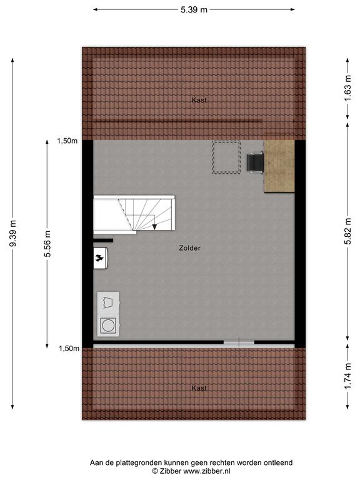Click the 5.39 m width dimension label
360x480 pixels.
coord(194,10)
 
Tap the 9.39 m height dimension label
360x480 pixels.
coord(13,233)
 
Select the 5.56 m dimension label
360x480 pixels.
coord(47,244)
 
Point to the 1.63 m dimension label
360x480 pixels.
coord(347,88)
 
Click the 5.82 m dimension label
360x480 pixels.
coord(347,231)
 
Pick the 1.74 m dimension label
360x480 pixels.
coord(347,376)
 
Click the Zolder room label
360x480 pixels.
coord(190,248)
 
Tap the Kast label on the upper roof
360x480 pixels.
coord(199,100)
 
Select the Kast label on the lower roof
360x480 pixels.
coord(199,388)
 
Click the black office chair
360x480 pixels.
coord(256,162)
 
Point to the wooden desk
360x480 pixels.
coord(279,166)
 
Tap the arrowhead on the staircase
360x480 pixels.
coord(154,227)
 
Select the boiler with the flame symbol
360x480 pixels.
coord(101,258)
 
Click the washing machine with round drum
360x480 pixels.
coord(108,326)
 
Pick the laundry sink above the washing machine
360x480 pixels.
coord(108,302)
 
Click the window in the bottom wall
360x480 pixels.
coord(239,342)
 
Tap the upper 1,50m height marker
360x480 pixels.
coord(67,141)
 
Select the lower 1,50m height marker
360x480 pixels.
coord(69,348)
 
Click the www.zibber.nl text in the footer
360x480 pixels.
coord(207,471)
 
